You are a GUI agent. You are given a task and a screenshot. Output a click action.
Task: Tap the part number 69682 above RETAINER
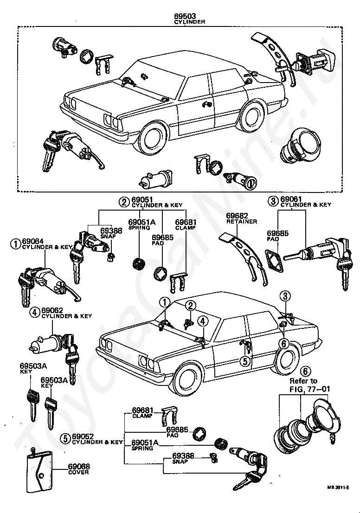(x=237, y=216)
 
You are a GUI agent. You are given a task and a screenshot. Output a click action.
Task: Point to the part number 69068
(x=79, y=467)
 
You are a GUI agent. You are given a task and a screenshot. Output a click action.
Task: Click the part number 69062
(x=52, y=310)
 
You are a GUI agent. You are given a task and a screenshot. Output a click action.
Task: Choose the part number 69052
(x=83, y=437)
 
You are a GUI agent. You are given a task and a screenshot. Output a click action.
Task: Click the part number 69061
(x=291, y=199)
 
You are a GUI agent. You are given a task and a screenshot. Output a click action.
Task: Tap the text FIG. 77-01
(x=310, y=389)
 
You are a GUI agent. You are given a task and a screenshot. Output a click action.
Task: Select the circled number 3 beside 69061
(x=273, y=201)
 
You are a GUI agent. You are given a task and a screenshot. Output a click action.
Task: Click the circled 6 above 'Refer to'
(x=304, y=372)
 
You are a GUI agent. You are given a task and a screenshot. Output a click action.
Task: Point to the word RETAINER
(x=242, y=222)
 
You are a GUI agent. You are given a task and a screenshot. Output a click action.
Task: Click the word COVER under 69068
(x=78, y=472)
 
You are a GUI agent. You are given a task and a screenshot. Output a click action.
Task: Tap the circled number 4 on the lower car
(x=203, y=321)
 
